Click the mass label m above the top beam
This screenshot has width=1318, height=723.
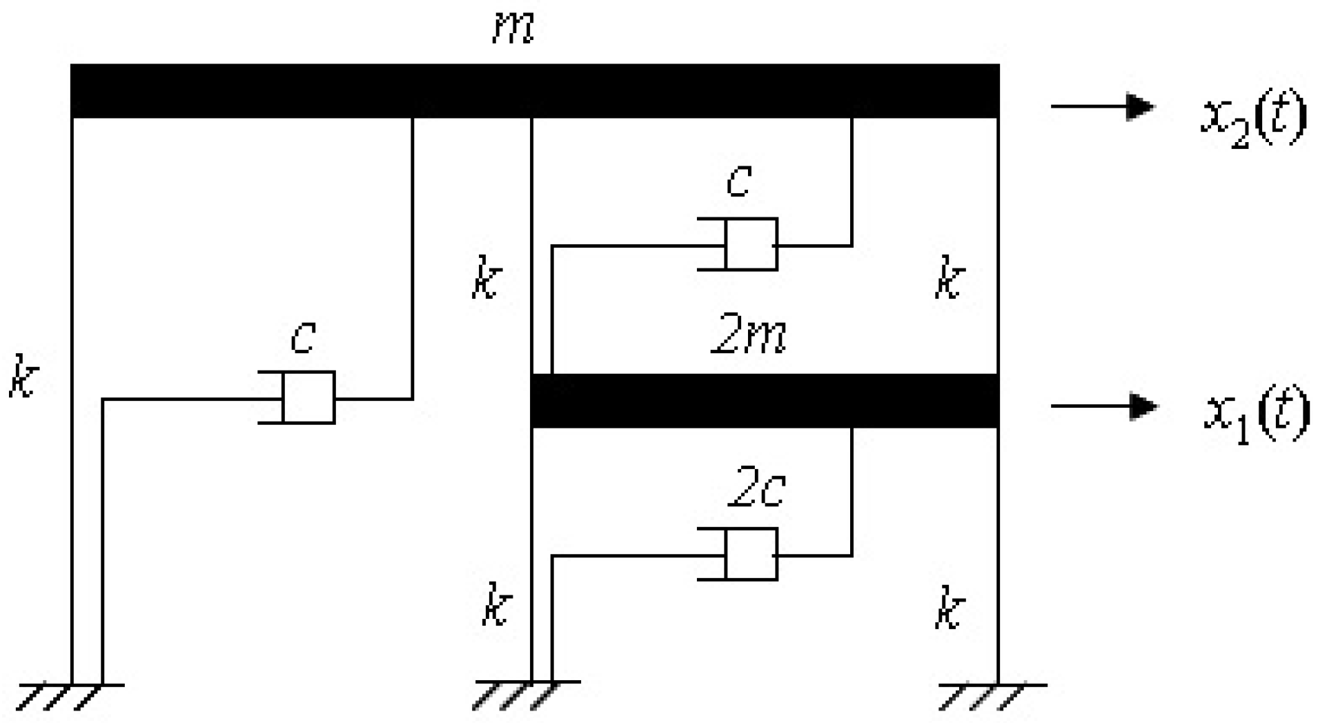coord(513,29)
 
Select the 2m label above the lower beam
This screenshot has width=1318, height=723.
coord(749,337)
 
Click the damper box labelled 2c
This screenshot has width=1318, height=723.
coord(751,554)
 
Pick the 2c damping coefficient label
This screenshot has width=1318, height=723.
coord(756,490)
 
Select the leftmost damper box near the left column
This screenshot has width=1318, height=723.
coord(308,397)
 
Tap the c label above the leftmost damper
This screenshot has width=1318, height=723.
coord(303,337)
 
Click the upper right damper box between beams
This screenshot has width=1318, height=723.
coord(751,244)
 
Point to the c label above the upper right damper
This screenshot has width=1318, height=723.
coord(738,182)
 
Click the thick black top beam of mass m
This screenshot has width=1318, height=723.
coord(535,91)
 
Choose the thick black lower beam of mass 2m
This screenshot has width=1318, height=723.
coord(765,401)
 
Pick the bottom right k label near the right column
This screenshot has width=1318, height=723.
coord(949,607)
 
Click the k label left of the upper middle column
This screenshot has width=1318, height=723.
coord(486,278)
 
